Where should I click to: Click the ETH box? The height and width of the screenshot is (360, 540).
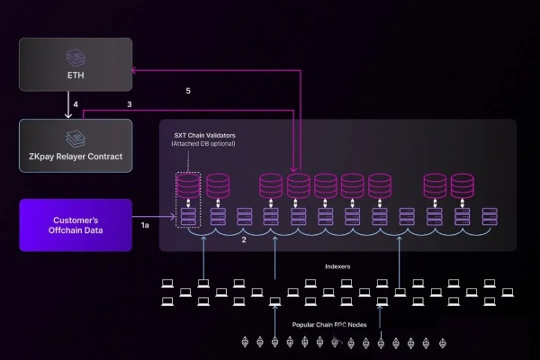point(76,64)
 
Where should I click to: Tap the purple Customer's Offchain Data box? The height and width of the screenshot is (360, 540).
point(76,224)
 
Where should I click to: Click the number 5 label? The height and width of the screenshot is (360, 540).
point(188,91)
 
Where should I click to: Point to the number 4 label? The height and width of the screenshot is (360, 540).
point(76,105)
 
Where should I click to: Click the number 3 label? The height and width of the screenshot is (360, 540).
point(130,105)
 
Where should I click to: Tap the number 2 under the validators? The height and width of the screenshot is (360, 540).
point(244,240)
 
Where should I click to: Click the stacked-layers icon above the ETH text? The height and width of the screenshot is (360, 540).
point(76,56)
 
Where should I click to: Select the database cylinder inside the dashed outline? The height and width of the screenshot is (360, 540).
point(188,186)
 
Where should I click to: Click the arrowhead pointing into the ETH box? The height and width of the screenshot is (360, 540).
point(135,69)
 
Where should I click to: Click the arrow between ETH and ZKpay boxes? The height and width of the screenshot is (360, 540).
point(68,105)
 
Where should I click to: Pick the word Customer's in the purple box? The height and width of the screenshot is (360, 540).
point(76,219)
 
